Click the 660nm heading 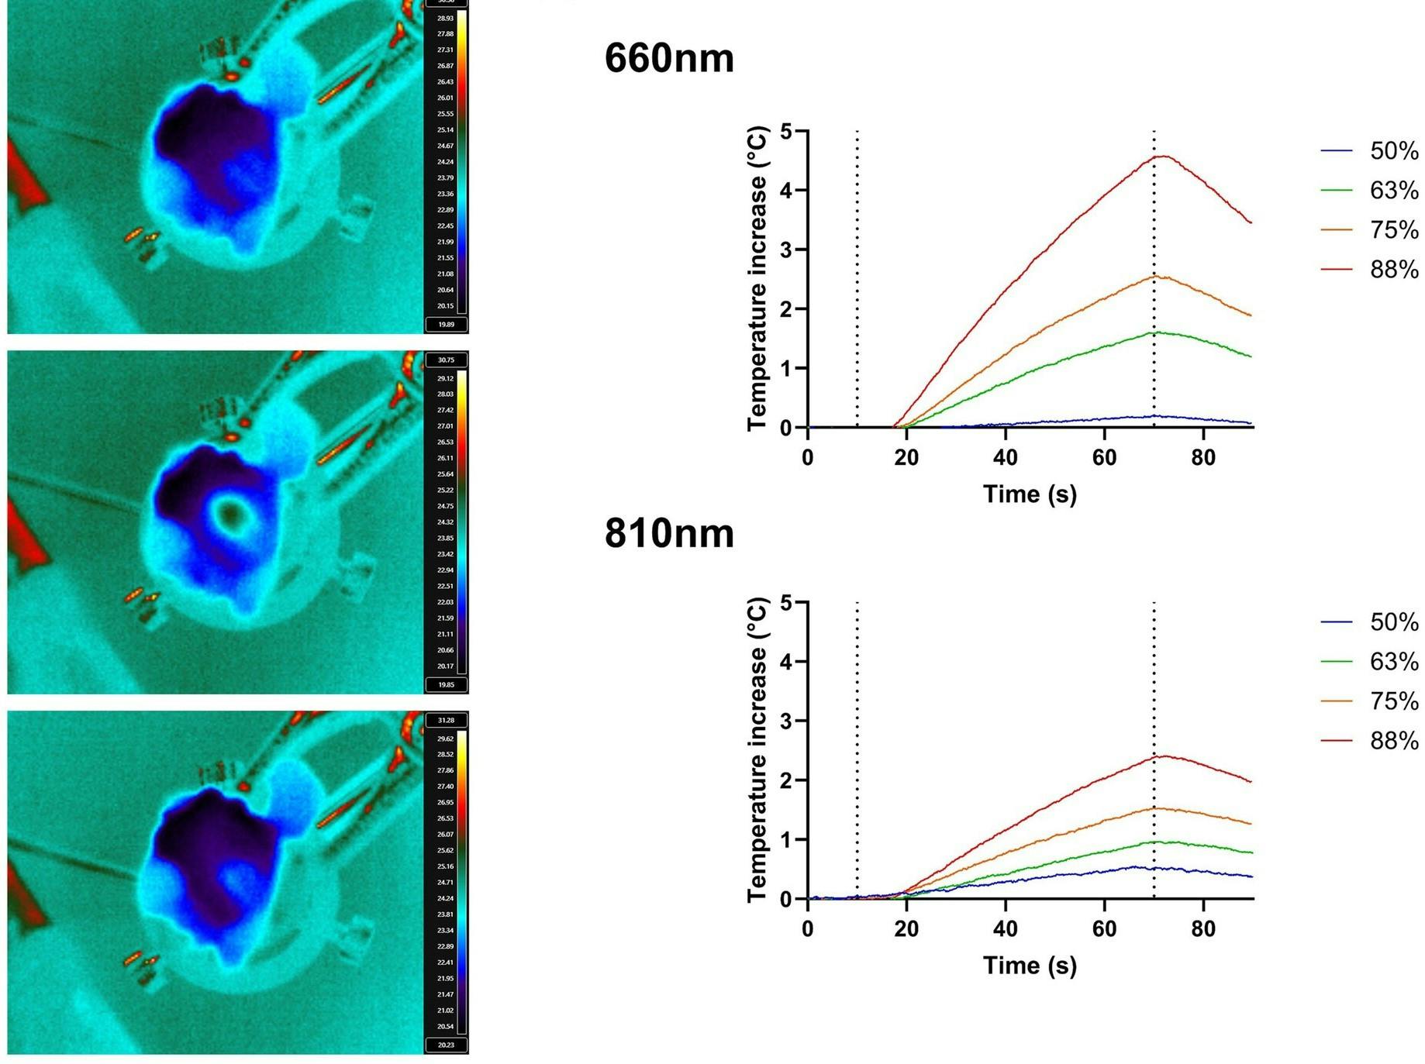click(668, 58)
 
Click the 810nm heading click(668, 533)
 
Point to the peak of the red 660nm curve click(1163, 157)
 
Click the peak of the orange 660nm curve click(1157, 276)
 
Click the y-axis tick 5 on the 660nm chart click(787, 131)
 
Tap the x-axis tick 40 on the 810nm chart click(1005, 928)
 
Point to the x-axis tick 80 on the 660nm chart click(1202, 457)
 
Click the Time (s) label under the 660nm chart click(1030, 494)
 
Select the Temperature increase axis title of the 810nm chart click(757, 749)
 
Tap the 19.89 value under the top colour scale click(446, 325)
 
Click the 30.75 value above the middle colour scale click(446, 360)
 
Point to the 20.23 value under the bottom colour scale click(446, 1045)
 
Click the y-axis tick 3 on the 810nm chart click(787, 721)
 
